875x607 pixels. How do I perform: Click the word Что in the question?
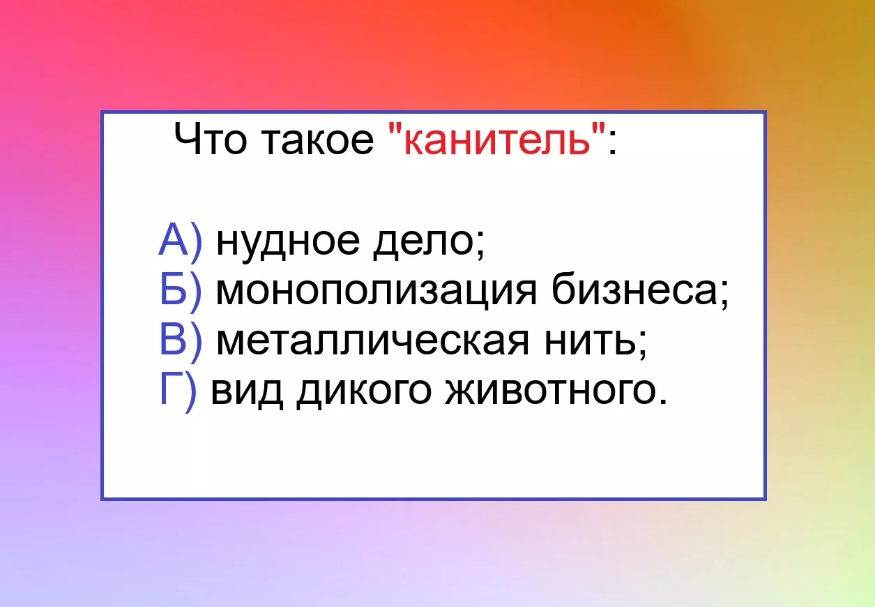point(210,139)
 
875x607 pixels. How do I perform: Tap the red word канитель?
point(497,141)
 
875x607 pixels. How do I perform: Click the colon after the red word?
point(612,144)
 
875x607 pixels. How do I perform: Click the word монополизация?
point(376,294)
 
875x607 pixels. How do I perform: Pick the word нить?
point(590,342)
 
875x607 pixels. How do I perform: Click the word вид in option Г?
point(247,394)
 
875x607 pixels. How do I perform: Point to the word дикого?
point(364,394)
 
